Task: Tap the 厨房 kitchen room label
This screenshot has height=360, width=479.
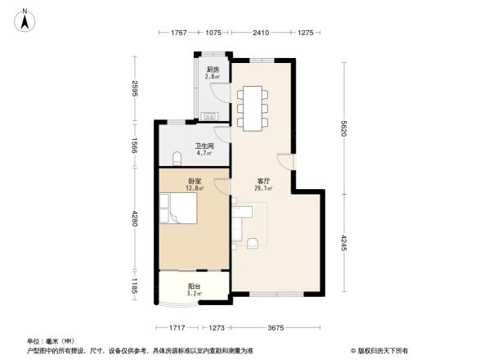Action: click(x=211, y=70)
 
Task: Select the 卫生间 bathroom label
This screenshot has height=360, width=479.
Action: click(x=204, y=146)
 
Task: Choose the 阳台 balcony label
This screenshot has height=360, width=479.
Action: click(x=194, y=286)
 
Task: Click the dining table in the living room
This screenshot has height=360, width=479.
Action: click(x=252, y=106)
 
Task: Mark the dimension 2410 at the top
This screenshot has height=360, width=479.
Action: click(x=261, y=33)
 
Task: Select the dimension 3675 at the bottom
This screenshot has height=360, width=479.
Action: click(x=274, y=327)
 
